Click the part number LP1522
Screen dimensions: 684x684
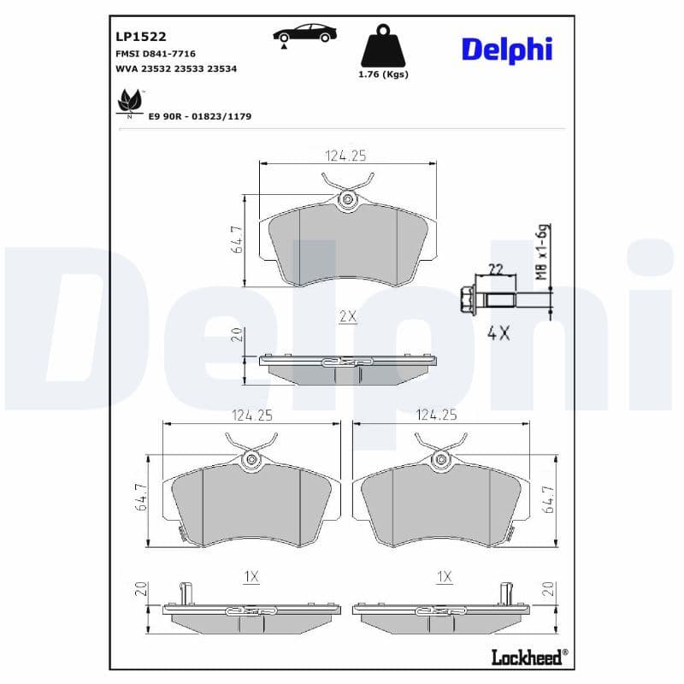tap(140, 36)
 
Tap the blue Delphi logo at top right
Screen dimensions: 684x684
tap(507, 49)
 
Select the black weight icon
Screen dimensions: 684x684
tap(382, 48)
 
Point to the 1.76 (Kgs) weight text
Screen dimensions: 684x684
tap(382, 74)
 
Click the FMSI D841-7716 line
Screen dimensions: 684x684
tap(155, 53)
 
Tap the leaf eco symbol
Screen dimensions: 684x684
tap(130, 102)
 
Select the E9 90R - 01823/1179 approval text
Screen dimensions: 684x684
tap(199, 115)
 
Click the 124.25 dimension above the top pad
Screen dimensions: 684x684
tap(345, 156)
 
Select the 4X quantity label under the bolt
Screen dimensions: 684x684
tap(498, 333)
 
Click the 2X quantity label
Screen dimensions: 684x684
tap(347, 316)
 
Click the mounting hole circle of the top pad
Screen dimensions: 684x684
tap(347, 202)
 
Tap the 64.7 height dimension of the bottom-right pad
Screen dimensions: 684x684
tap(548, 498)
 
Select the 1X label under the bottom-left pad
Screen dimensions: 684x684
tap(251, 577)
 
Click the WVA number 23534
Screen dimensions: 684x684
tap(221, 69)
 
